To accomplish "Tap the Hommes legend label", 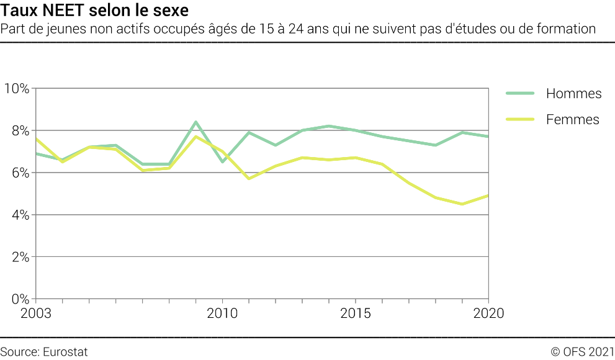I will pos(573,94).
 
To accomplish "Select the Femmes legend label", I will pos(572,120).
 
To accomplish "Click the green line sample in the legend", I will pos(519,94).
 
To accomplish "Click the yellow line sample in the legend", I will pos(519,120).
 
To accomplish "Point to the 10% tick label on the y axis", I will pos(17,88).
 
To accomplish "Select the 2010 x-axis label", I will pos(222,313).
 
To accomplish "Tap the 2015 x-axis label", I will pos(355,313).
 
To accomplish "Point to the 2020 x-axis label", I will pos(488,313).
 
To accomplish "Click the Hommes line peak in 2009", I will pos(195,122).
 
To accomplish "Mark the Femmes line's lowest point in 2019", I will pos(462,204).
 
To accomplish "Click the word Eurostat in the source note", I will pos(65,352).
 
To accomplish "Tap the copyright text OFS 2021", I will pos(583,352).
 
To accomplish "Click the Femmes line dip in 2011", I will pos(249,179).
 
